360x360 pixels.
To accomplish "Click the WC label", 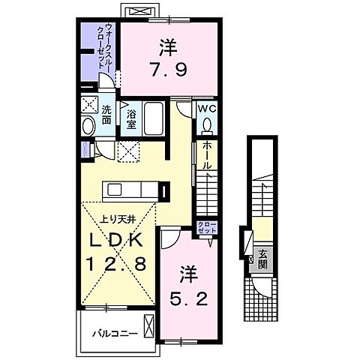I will tap(207, 107).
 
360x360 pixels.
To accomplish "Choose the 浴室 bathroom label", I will tap(130, 118).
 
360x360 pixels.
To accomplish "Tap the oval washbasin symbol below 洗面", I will tap(88, 126).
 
